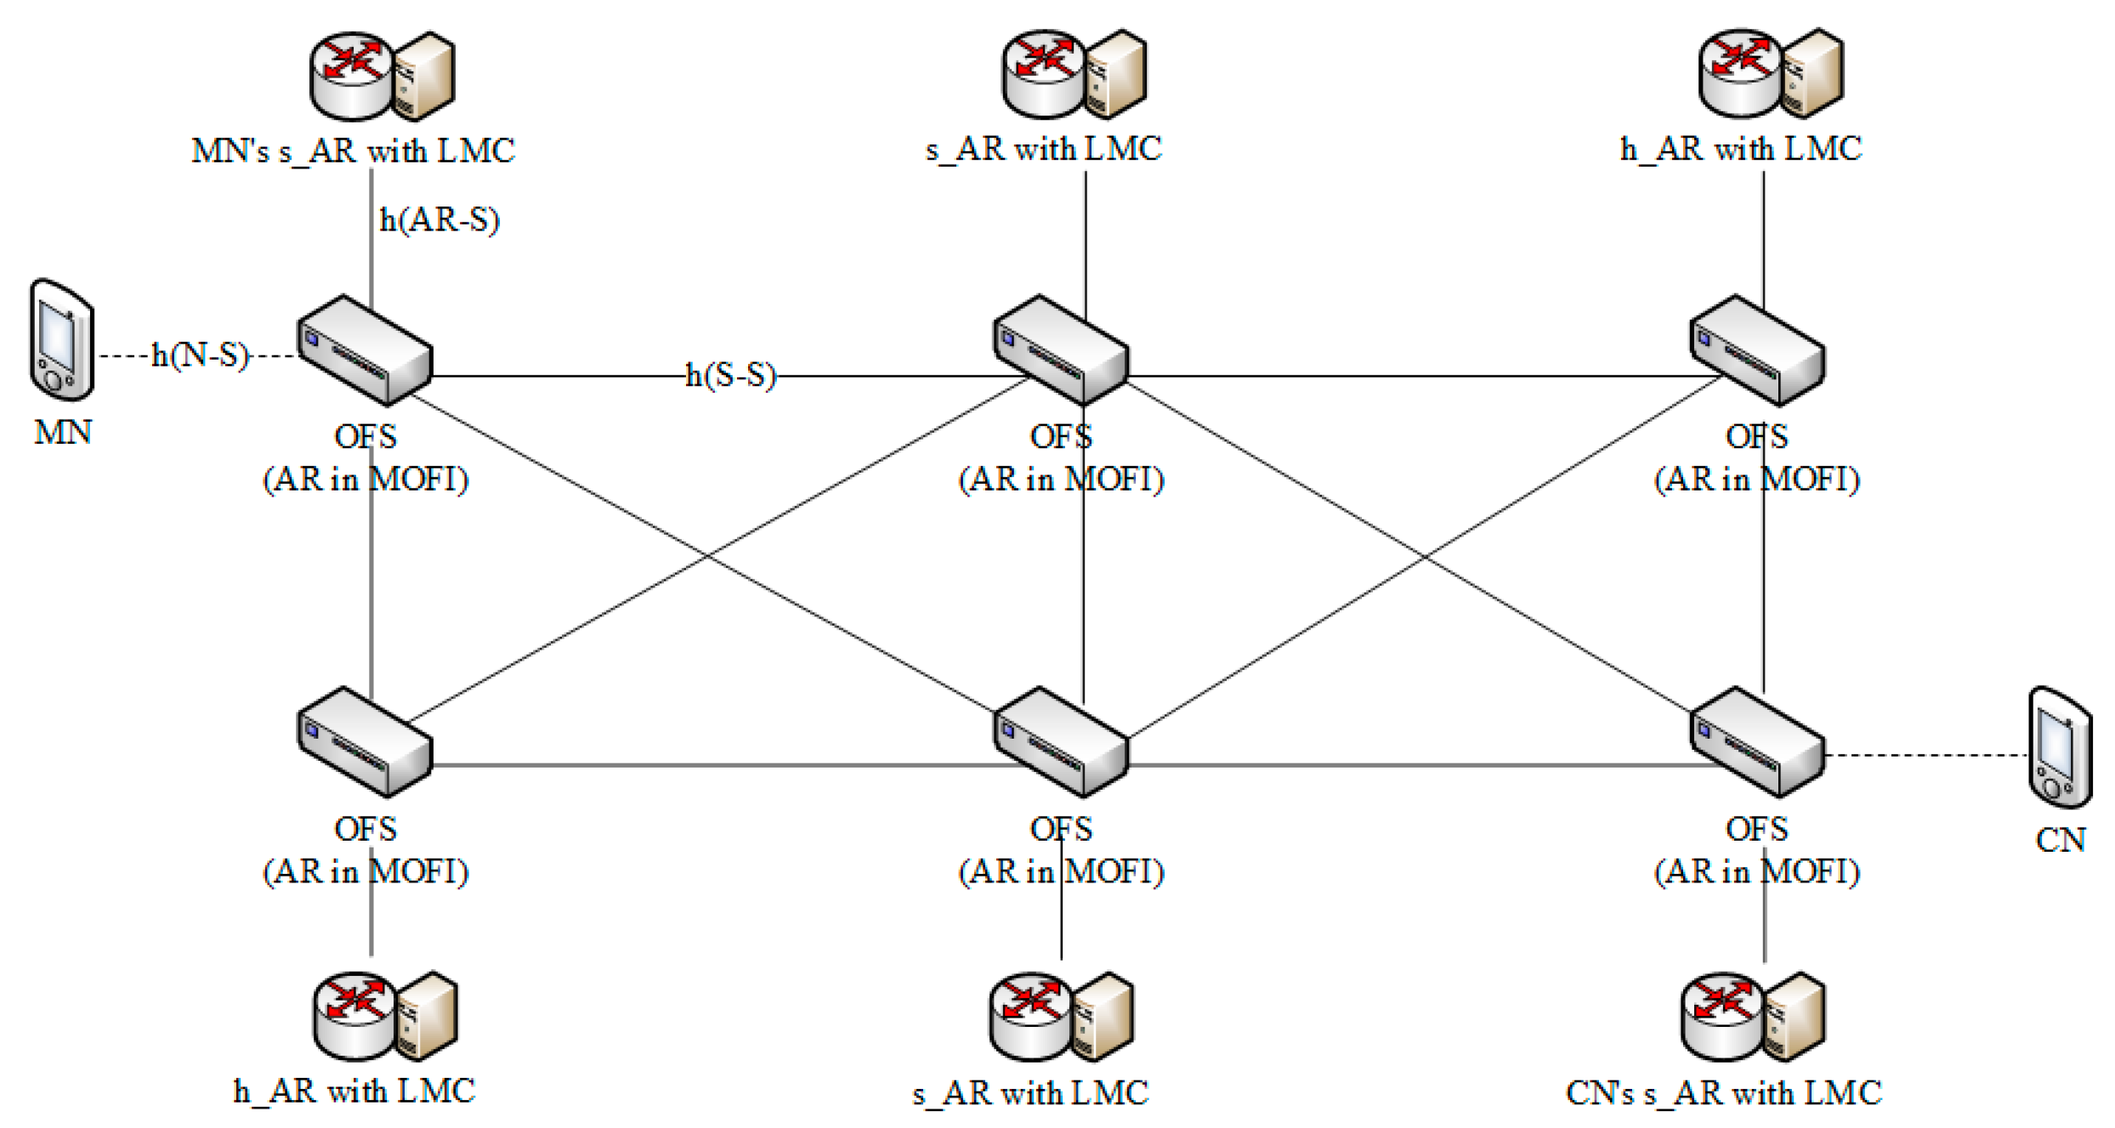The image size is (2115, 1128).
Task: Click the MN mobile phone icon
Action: click(x=61, y=340)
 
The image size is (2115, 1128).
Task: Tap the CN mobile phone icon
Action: click(x=2060, y=748)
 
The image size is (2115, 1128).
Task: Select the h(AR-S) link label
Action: click(x=439, y=220)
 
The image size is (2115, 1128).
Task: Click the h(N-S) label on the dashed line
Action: click(x=201, y=355)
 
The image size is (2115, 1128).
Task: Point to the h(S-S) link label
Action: click(x=731, y=375)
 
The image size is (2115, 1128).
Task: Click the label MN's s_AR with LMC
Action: click(x=353, y=151)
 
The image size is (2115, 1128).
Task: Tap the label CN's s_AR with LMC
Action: click(x=1723, y=1093)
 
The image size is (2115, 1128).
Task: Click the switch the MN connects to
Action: click(x=365, y=350)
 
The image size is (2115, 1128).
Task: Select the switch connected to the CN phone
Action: click(x=1757, y=742)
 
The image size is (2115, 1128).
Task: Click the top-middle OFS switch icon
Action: click(x=1061, y=350)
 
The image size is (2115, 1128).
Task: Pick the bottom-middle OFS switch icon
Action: click(x=1061, y=742)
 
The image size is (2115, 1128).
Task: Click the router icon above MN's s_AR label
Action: click(x=351, y=77)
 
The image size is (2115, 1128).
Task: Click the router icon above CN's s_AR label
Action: click(x=1722, y=1017)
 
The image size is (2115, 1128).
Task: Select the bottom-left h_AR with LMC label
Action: click(x=354, y=1091)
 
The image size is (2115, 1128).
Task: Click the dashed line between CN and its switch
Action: click(x=1925, y=755)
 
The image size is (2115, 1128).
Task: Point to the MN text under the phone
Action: click(x=63, y=433)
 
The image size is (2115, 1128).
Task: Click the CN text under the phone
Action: click(x=2060, y=841)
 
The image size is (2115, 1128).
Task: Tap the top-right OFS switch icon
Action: click(x=1757, y=350)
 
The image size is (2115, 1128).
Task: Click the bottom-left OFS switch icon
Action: click(x=365, y=742)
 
